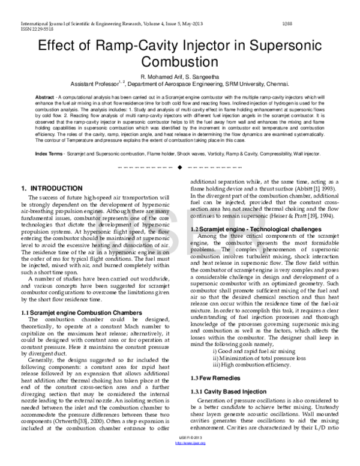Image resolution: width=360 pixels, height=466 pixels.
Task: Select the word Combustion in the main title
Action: [x=180, y=62]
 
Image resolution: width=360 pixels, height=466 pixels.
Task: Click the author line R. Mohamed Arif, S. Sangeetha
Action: [x=180, y=78]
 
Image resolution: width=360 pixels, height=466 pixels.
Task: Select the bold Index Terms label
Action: [x=49, y=154]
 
